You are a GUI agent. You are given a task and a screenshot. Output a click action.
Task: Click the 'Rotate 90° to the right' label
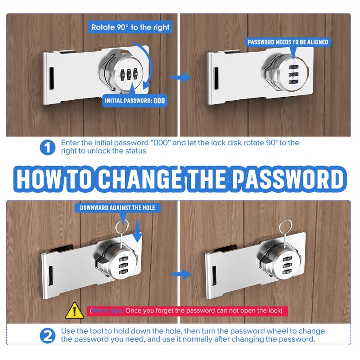130,27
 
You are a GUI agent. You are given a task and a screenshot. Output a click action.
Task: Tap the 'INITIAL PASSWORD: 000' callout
135,100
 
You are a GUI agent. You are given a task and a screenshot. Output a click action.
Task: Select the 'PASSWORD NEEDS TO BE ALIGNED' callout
288,42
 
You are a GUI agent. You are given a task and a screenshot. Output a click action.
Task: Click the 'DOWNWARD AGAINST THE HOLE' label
117,208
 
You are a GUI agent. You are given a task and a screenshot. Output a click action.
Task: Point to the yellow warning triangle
74,311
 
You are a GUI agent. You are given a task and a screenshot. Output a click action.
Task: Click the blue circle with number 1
48,148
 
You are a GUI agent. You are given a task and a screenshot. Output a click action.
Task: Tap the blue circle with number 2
48,336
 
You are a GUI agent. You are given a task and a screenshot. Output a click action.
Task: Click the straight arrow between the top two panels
181,77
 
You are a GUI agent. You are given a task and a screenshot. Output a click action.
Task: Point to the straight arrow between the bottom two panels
181,274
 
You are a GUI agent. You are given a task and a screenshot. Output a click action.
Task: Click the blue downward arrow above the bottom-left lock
138,231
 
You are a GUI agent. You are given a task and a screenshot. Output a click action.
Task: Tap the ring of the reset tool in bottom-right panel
285,226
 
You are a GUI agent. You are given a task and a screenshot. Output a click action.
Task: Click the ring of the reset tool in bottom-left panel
121,226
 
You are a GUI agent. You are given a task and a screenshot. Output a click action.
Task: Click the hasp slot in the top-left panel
51,78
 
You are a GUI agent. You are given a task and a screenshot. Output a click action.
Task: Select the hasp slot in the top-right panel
216,78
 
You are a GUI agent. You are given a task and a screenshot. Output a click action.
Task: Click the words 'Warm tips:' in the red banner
108,310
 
